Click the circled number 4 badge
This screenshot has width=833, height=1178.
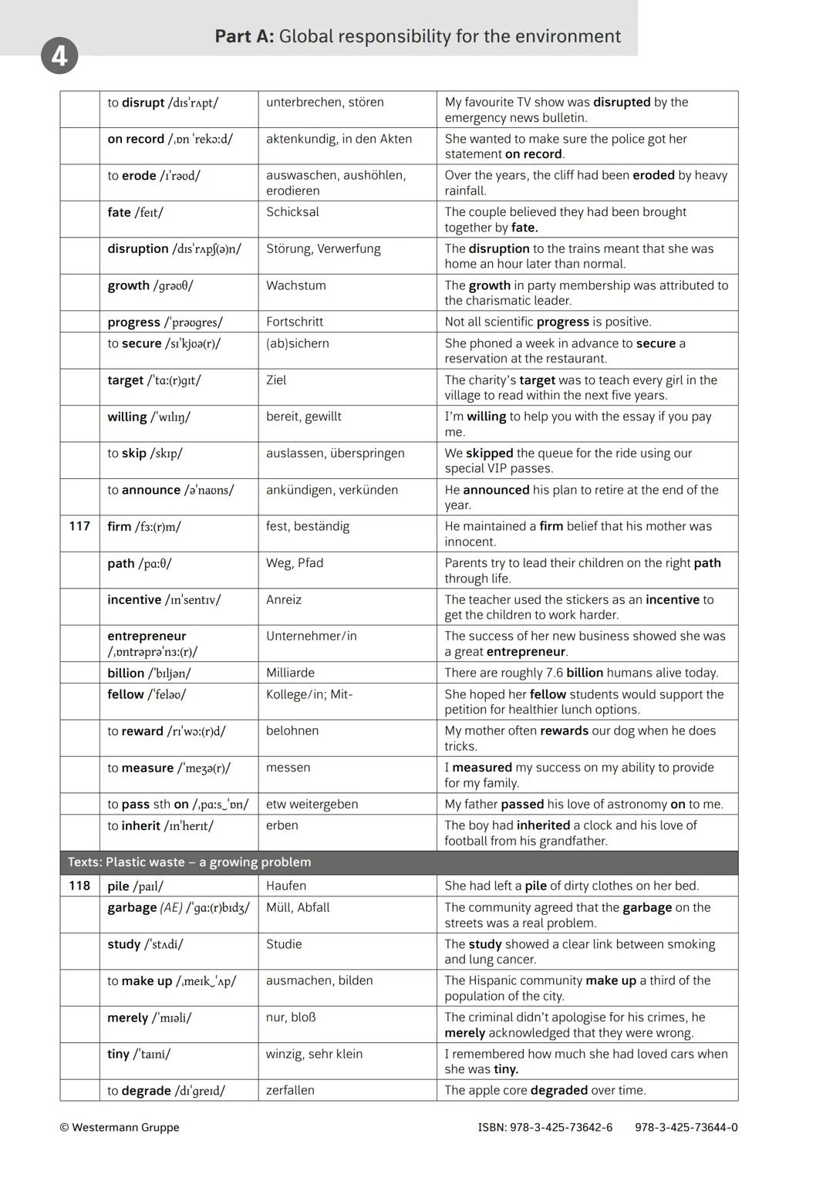click(59, 57)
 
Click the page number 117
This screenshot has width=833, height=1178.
click(79, 526)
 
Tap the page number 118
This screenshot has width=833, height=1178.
click(79, 886)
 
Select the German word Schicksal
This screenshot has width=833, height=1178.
click(292, 212)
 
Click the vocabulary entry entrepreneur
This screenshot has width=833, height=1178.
click(147, 636)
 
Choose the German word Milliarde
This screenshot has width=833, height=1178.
click(290, 673)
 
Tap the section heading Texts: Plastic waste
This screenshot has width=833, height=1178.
click(189, 862)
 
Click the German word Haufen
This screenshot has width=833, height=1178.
click(286, 886)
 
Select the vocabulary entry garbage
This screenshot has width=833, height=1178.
click(132, 908)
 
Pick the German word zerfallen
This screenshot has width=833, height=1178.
click(290, 1090)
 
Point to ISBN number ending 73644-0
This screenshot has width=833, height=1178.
click(686, 1127)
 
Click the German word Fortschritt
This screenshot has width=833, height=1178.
click(295, 322)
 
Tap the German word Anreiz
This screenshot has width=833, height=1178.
click(284, 599)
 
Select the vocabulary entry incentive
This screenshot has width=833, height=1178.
click(134, 599)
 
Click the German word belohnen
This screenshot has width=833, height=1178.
click(292, 731)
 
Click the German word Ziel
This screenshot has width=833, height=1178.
click(276, 380)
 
